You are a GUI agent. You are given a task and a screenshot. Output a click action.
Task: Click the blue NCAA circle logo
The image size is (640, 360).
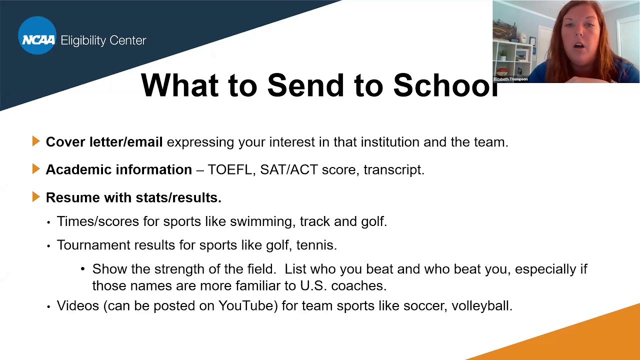[x=37, y=35]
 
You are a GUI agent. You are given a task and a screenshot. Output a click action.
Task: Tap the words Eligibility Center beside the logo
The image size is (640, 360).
[x=103, y=40]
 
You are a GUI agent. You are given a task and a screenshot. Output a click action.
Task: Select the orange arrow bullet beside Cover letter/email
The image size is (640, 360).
[x=36, y=141]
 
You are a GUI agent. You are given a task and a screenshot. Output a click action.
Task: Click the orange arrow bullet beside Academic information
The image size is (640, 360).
[x=36, y=169]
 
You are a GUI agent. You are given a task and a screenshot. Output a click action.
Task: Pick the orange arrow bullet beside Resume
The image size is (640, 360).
[x=36, y=197]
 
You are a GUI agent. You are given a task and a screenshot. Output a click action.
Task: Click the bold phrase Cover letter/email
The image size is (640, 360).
[x=104, y=142]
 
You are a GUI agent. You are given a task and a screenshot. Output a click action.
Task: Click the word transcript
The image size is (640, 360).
[x=393, y=170]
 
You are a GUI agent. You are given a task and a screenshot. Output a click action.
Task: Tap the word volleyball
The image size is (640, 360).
[x=481, y=305]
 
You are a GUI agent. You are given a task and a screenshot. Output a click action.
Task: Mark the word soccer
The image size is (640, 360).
[x=426, y=305]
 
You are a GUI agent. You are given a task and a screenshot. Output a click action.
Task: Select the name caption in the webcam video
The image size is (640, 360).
[x=510, y=79]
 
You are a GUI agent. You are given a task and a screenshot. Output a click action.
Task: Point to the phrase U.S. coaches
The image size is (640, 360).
[x=343, y=286]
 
